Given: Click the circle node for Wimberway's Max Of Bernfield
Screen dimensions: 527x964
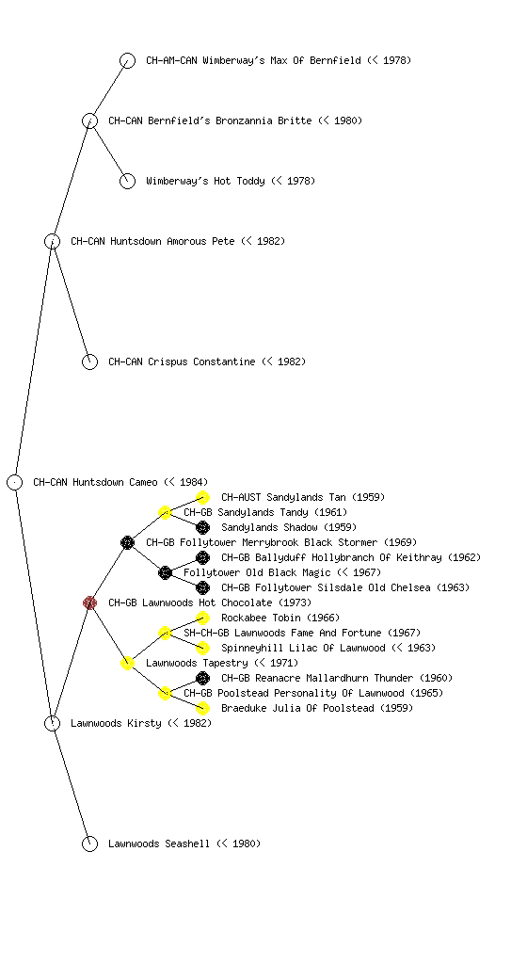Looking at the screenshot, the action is coord(127,60).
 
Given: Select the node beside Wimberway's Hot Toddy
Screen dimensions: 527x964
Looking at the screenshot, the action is coord(127,181).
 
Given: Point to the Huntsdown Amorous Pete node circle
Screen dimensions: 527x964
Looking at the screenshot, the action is coord(52,241).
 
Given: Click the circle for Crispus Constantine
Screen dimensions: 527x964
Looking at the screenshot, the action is coord(89,361).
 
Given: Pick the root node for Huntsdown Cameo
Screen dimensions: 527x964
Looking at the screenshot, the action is coord(15,482).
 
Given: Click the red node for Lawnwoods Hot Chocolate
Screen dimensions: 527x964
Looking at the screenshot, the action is coord(89,602).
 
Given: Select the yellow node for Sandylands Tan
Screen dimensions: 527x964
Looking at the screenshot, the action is coord(202,497).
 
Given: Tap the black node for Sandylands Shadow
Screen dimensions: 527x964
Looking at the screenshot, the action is coord(202,527).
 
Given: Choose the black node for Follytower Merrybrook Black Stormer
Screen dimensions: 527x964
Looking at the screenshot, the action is coord(127,542).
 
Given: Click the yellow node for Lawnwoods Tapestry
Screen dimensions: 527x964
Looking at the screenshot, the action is coord(127,663).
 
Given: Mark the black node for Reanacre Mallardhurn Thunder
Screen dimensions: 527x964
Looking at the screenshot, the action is coord(202,678).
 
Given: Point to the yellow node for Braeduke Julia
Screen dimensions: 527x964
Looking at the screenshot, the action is coord(202,708).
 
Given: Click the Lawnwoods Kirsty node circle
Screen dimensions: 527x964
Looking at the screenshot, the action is coord(52,723).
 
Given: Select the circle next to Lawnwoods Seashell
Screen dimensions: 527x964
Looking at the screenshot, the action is coord(89,843).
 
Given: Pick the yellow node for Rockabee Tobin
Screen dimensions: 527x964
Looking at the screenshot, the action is coord(202,618).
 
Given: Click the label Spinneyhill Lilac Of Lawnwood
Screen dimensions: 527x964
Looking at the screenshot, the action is coord(303,648).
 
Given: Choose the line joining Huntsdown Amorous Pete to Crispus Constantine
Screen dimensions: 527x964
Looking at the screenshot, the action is coord(72,301).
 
